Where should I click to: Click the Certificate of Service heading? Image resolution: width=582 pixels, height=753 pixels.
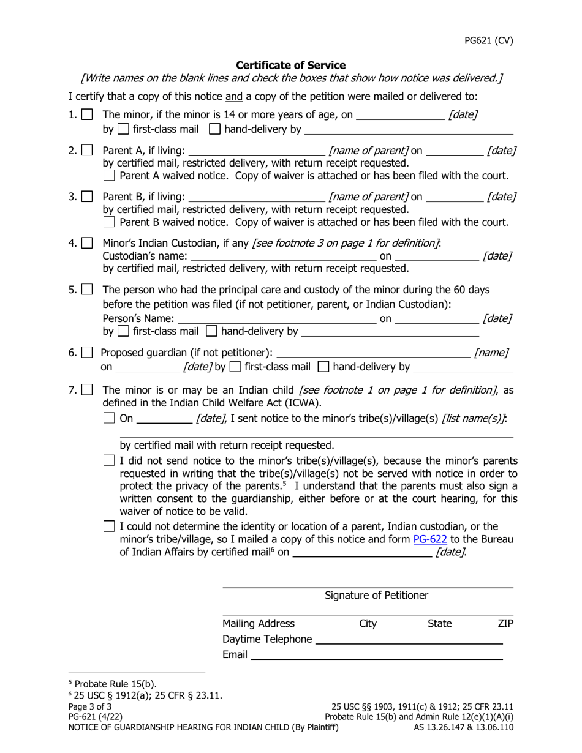(290, 65)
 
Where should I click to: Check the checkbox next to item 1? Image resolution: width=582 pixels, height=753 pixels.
(88, 114)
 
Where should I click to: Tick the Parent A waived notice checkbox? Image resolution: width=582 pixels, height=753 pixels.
(109, 176)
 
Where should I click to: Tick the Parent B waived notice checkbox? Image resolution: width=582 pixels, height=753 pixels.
(109, 222)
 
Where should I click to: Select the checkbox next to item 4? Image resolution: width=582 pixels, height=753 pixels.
(88, 243)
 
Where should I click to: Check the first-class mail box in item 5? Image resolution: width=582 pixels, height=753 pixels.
(123, 332)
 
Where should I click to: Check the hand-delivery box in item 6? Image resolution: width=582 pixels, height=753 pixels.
(323, 367)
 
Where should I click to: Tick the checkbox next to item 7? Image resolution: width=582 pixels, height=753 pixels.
(88, 390)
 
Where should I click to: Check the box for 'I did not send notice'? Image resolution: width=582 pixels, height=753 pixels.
(109, 460)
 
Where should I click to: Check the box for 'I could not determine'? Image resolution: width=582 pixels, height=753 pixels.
(109, 526)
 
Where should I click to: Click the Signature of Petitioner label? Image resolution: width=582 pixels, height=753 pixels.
(376, 595)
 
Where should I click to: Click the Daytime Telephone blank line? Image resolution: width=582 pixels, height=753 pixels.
(408, 639)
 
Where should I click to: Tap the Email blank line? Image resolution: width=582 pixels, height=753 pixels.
(376, 654)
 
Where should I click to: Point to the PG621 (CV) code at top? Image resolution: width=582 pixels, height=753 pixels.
(488, 41)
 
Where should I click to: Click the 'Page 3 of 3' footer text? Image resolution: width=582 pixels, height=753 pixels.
(90, 706)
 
